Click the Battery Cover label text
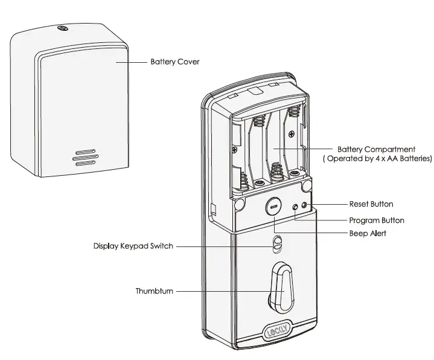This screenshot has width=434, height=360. [174, 62]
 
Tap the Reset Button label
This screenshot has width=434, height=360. [371, 204]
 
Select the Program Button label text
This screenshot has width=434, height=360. [377, 220]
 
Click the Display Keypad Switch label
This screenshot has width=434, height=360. [133, 246]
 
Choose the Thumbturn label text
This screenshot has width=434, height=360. [155, 291]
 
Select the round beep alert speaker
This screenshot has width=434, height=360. [273, 207]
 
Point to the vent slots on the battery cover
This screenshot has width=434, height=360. [85, 156]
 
